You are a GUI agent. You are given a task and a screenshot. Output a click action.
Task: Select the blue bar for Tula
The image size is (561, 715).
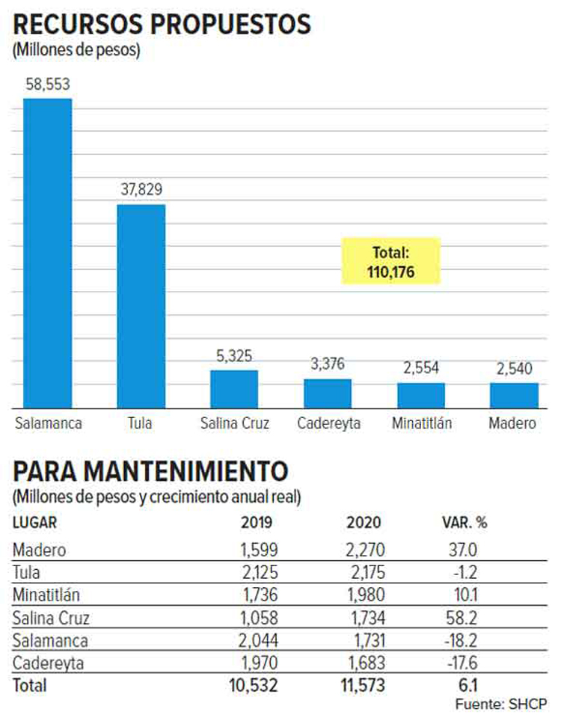(x=141, y=306)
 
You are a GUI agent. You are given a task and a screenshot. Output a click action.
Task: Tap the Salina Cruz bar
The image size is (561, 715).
(x=234, y=389)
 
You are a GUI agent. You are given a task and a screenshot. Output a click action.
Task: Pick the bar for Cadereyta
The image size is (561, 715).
(x=328, y=393)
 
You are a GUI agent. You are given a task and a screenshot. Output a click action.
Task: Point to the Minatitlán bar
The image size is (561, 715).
(x=421, y=395)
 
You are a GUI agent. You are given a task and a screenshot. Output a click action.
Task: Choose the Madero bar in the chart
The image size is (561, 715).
(x=514, y=395)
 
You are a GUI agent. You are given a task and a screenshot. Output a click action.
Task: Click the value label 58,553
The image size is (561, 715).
(x=48, y=85)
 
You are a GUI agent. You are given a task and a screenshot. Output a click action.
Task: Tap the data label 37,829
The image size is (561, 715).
(x=141, y=191)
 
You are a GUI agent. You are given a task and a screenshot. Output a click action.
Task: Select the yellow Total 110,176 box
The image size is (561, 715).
(x=391, y=261)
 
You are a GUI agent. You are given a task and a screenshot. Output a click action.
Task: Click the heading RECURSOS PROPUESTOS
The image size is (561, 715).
(x=162, y=25)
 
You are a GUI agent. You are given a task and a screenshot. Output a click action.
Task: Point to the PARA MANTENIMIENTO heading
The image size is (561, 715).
(x=150, y=473)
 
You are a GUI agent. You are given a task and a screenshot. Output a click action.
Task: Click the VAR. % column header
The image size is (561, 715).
(x=462, y=523)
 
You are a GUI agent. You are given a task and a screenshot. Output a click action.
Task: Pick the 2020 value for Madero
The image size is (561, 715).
(x=365, y=550)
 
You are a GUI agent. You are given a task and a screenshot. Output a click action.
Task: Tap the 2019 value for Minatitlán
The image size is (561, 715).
(x=259, y=596)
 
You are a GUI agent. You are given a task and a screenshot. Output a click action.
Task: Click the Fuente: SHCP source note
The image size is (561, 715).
(x=500, y=704)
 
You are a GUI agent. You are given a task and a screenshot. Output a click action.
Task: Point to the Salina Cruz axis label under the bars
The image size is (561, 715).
(x=234, y=423)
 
